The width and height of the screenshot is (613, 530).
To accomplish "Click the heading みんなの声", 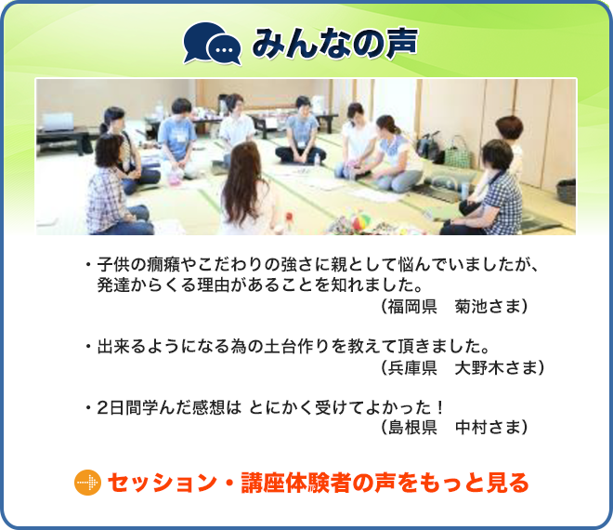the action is coord(334,44).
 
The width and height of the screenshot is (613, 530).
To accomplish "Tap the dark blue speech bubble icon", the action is coord(212,44).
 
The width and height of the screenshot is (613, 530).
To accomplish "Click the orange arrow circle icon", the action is coord(87,483).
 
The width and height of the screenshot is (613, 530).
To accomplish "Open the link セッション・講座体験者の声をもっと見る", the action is coord(319,483).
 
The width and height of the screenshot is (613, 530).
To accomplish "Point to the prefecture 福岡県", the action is coord(412,307).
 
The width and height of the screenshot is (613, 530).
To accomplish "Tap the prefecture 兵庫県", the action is coord(412,367).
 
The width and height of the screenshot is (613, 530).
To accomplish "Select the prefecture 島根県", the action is coord(412,427).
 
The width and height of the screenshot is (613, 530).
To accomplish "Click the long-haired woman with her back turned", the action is coord(246,190).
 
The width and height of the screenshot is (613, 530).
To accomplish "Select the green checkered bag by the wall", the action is coord(457,153).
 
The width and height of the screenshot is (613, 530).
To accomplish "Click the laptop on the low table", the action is coord(58,123).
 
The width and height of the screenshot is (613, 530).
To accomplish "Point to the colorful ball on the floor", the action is coord(360,221).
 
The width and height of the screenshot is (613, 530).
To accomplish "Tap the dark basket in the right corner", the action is coord(566,192).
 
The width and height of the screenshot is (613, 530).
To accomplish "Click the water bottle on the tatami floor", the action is coord(317,159).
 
